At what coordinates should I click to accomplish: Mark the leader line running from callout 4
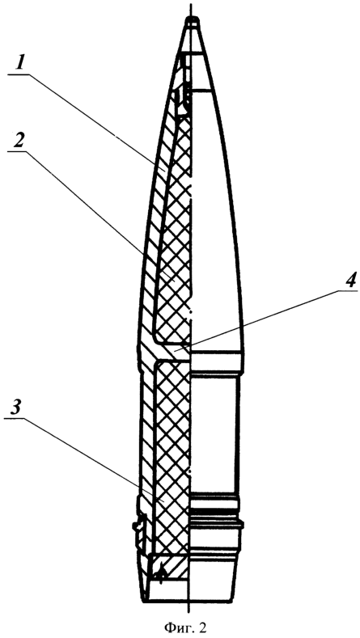tap(269, 318)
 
